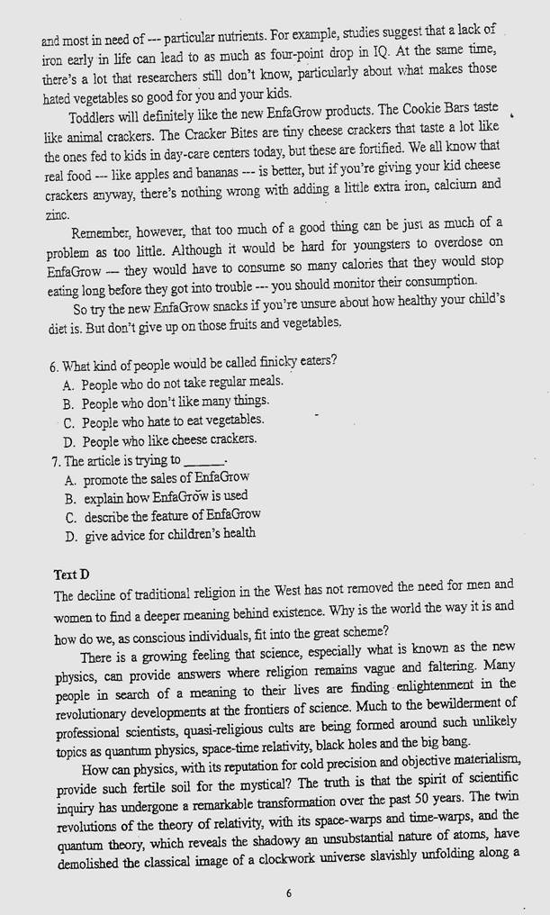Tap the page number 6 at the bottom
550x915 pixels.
[288, 893]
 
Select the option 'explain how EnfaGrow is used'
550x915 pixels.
[166, 497]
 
